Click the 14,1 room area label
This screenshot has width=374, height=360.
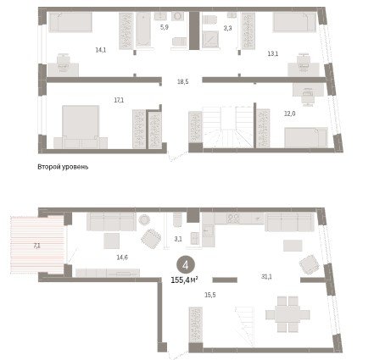101,50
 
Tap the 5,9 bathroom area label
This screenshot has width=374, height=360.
164,28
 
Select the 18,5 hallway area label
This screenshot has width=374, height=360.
182,82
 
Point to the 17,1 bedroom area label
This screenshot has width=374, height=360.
119,100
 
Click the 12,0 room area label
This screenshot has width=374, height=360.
289,114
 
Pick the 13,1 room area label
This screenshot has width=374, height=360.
273,53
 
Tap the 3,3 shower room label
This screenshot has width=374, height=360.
227,28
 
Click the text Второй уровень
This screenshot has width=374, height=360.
63,167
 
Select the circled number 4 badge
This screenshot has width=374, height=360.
186,265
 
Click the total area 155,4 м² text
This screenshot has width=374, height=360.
184,280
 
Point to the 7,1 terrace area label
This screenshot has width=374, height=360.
36,246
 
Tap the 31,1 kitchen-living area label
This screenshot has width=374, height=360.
266,277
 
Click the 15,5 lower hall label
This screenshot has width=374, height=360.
210,295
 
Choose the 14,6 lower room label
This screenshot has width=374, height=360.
122,258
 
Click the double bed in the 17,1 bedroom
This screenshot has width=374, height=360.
81,127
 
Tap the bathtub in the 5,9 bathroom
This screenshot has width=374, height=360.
143,29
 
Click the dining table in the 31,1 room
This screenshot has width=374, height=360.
287,314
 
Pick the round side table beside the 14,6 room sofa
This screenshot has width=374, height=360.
144,219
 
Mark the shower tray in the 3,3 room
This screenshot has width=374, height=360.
209,39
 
